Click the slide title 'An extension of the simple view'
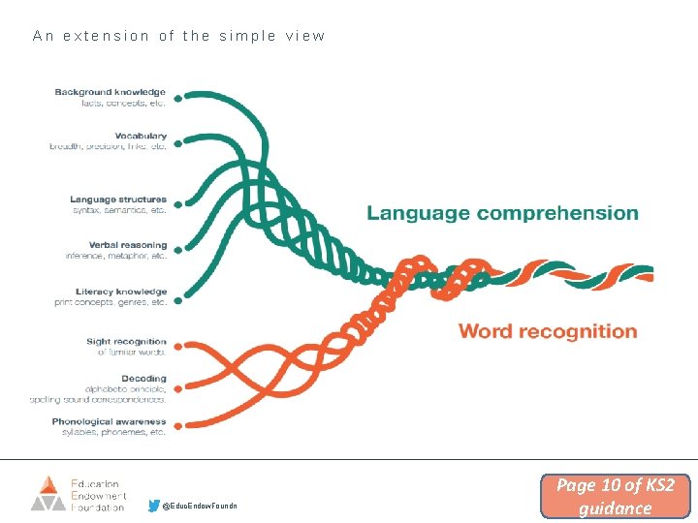click(179, 36)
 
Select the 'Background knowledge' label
click(110, 93)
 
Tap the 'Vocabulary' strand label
click(140, 137)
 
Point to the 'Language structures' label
click(117, 200)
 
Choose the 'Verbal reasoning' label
click(127, 245)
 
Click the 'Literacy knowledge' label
click(121, 292)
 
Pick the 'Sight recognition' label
click(125, 342)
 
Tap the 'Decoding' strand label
click(143, 379)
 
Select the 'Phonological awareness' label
click(110, 422)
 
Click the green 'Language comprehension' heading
click(501, 213)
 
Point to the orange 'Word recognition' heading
click(547, 331)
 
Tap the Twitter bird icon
click(154, 505)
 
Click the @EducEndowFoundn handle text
click(199, 507)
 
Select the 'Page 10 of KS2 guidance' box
click(615, 496)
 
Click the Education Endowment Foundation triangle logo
click(48, 492)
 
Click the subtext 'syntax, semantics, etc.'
click(118, 210)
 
